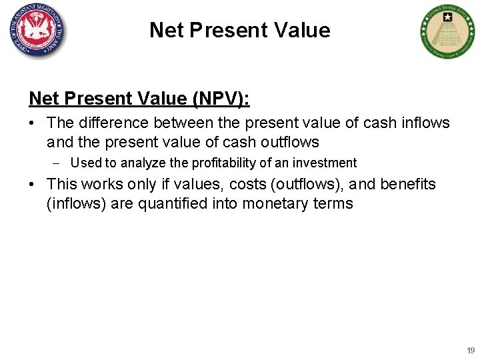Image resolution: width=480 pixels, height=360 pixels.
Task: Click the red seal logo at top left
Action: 38,30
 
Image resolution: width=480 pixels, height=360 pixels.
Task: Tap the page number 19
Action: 471,350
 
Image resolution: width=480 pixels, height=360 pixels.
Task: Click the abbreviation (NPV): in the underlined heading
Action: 221,99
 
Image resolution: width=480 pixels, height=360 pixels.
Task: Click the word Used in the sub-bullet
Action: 85,163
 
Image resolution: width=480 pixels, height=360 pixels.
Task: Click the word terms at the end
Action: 333,203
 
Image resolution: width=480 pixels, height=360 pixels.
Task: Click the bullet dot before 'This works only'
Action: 33,185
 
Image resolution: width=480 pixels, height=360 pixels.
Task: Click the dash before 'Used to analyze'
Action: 58,163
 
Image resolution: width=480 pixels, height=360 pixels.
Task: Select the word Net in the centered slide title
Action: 165,30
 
